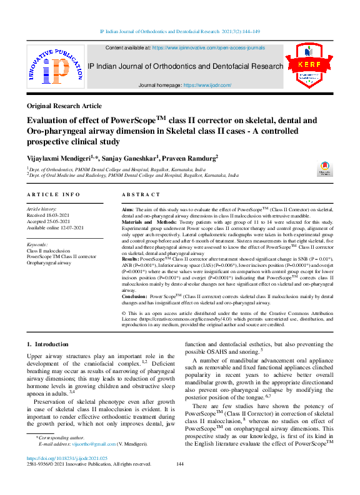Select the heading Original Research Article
(x=64, y=106)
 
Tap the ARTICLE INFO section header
(x=53, y=195)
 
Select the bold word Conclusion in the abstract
(x=135, y=296)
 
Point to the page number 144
(x=180, y=464)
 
